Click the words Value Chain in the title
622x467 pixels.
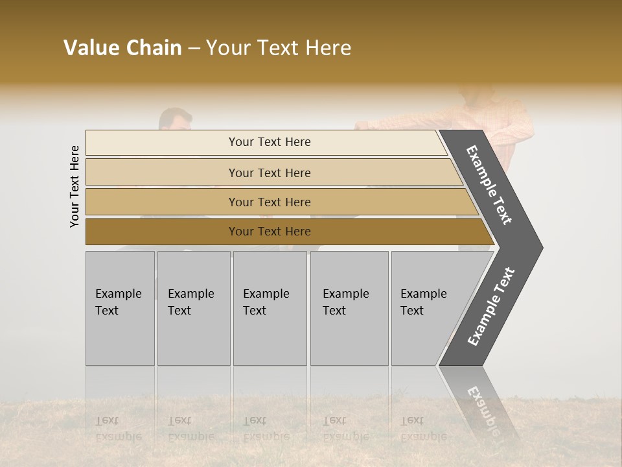coord(122,48)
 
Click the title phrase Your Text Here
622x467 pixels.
coord(279,48)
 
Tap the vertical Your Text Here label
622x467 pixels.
coord(75,187)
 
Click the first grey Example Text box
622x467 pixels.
coord(120,308)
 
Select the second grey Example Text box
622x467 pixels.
coord(193,308)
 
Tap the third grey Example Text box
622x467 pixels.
coord(269,308)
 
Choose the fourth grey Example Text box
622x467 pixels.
coord(349,308)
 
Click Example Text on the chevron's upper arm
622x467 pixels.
coord(489,185)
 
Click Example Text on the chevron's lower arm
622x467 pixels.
coord(490,307)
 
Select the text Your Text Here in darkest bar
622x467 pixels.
coord(270,232)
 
